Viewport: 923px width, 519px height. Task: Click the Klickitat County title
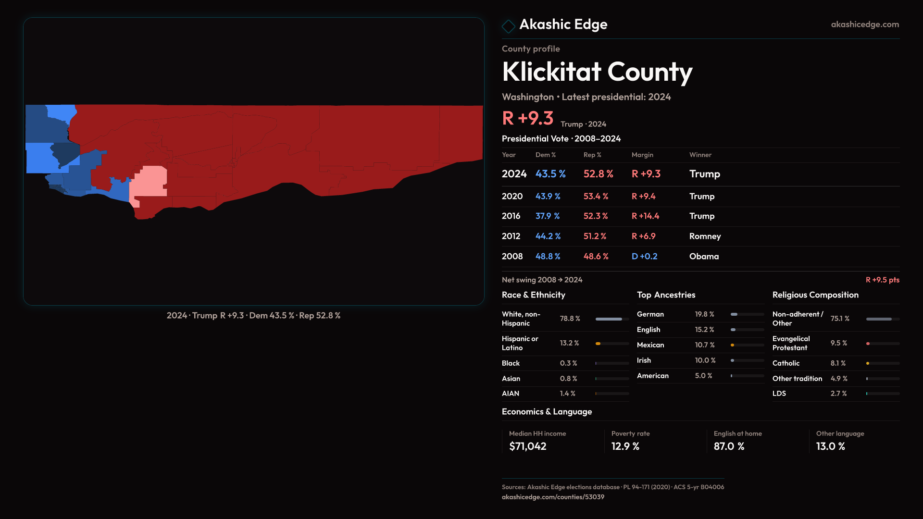(597, 72)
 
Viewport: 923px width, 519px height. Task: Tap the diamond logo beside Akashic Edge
(508, 26)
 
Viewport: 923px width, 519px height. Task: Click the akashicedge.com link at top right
(865, 25)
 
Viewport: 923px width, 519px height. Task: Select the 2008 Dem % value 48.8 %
(548, 257)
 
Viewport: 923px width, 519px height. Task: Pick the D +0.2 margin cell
(644, 257)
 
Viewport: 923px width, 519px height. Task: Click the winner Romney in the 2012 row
(705, 236)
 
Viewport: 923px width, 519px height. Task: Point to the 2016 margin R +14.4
(645, 216)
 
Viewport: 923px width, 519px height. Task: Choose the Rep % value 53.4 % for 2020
(596, 197)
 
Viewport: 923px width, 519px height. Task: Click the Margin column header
(642, 155)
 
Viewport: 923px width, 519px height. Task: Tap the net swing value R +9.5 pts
(882, 280)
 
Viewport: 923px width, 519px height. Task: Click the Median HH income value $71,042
(527, 446)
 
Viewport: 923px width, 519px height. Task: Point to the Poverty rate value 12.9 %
(625, 446)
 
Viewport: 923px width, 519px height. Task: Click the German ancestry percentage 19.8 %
(704, 314)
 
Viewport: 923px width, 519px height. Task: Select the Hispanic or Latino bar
(612, 344)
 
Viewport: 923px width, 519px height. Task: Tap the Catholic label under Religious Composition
(786, 363)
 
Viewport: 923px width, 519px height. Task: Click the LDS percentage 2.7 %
(838, 394)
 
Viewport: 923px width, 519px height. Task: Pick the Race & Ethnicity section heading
(533, 295)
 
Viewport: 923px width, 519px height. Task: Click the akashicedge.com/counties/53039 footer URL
(553, 497)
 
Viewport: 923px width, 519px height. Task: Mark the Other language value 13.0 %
(830, 446)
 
